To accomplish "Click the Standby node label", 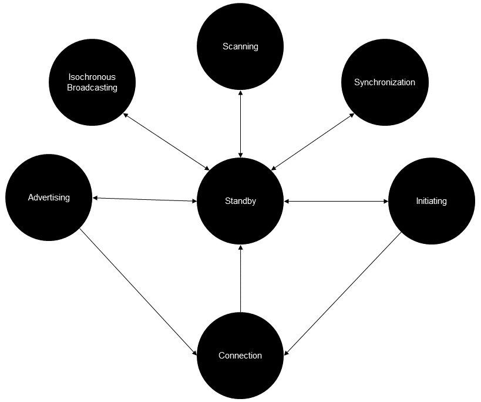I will click(240, 201).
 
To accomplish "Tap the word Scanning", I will click(240, 46).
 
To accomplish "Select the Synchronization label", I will click(384, 82).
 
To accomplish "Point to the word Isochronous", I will click(92, 77).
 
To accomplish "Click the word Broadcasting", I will click(92, 88).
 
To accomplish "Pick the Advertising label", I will click(49, 197).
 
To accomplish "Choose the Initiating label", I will click(431, 201).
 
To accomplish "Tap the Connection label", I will click(240, 356).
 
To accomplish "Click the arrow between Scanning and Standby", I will click(240, 123).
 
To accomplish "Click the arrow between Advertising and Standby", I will click(144, 200).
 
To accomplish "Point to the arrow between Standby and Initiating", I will click(336, 202).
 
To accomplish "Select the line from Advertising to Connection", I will click(138, 292).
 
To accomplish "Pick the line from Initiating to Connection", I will click(343, 293).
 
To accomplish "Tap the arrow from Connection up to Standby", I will click(240, 279).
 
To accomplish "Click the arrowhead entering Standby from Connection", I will click(240, 248).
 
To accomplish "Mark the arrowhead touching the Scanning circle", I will click(240, 93).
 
